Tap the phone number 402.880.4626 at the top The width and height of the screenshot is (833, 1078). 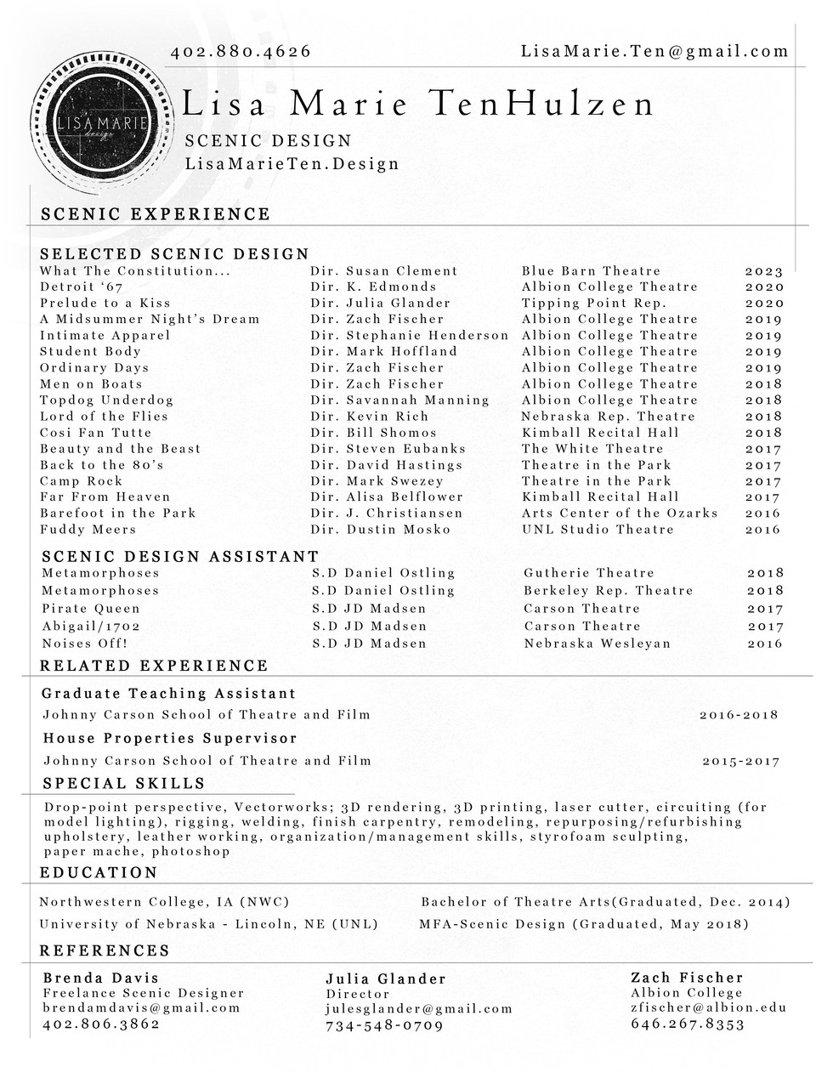(x=241, y=52)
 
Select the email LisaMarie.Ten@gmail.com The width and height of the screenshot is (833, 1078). (x=654, y=52)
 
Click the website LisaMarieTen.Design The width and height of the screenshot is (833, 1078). (x=292, y=163)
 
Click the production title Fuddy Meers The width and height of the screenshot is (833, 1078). (x=88, y=529)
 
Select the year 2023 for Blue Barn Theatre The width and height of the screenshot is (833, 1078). (x=763, y=271)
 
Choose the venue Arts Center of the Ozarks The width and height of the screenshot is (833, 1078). (x=620, y=513)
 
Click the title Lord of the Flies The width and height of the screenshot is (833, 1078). (x=105, y=416)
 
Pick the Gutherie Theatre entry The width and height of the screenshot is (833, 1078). (x=589, y=573)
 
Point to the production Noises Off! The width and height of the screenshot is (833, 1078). (x=85, y=644)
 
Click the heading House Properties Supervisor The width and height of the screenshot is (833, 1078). (x=170, y=738)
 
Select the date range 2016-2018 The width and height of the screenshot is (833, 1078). (x=739, y=715)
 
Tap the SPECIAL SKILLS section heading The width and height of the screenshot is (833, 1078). (x=124, y=783)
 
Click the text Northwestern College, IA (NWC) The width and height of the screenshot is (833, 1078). (x=165, y=902)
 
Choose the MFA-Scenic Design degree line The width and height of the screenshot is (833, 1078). (x=584, y=924)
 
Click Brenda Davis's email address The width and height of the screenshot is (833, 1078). (x=142, y=1008)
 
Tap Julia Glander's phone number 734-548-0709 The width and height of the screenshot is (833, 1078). (x=384, y=1025)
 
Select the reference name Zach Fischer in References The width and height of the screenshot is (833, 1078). (x=687, y=978)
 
